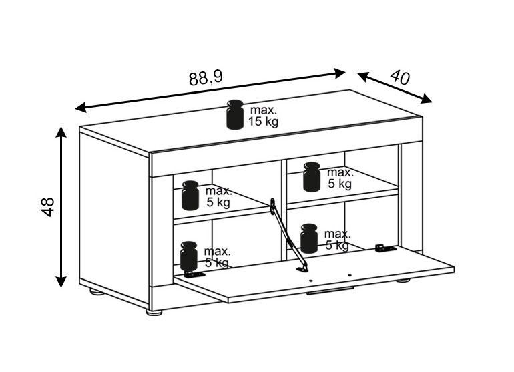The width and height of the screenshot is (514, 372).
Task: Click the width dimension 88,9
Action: (x=206, y=78)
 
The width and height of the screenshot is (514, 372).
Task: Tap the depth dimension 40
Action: (x=400, y=77)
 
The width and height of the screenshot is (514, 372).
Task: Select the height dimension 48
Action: (x=48, y=206)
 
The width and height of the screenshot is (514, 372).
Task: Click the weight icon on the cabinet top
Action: (x=235, y=114)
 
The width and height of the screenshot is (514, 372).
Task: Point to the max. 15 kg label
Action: (x=263, y=116)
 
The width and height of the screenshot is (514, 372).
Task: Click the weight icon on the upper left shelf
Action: (x=190, y=196)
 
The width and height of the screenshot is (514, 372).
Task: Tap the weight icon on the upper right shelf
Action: (x=312, y=177)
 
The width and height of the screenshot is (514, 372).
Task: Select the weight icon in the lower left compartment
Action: (x=188, y=256)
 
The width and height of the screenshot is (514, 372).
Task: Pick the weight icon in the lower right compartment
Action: (x=309, y=238)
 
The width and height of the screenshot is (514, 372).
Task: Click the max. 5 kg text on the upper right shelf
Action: (x=340, y=178)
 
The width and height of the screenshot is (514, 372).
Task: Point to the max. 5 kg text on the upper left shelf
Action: (x=219, y=197)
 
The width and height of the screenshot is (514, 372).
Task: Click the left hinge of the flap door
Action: (x=195, y=274)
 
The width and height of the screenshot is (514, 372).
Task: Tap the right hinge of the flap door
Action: (x=386, y=248)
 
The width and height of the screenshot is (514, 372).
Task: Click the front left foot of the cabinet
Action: (x=154, y=313)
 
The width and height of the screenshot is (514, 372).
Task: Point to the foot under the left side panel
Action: (x=97, y=292)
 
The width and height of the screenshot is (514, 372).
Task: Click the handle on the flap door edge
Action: (x=330, y=291)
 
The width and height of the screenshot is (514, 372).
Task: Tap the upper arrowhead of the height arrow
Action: (x=61, y=132)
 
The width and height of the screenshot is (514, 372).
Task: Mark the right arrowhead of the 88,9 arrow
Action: (x=339, y=73)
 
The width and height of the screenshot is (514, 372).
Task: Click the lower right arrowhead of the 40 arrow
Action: (x=426, y=98)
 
